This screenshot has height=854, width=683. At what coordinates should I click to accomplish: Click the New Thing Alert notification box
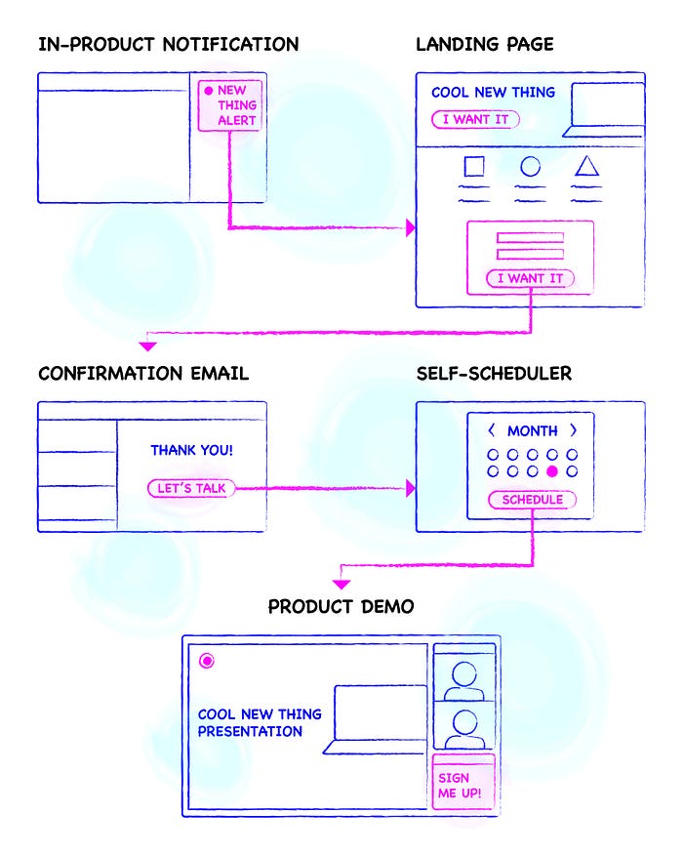click(x=231, y=104)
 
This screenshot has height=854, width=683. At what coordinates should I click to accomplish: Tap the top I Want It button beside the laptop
click(x=475, y=119)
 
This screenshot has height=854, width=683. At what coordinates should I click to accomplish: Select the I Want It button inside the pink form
click(x=531, y=278)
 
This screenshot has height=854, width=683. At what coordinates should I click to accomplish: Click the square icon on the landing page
click(x=474, y=167)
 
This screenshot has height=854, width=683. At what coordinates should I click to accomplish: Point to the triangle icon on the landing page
click(x=586, y=166)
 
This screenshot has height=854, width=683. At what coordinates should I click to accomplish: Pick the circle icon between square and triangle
click(x=530, y=167)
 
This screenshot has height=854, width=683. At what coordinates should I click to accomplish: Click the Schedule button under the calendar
click(x=532, y=500)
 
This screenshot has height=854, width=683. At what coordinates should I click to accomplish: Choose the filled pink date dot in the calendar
click(x=552, y=471)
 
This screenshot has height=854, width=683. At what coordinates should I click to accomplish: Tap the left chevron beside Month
click(x=491, y=430)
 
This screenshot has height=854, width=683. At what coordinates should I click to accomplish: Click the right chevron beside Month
click(x=574, y=430)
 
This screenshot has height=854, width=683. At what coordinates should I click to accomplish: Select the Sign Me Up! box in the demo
click(x=462, y=784)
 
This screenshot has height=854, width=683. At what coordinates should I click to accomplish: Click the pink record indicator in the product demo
click(x=206, y=661)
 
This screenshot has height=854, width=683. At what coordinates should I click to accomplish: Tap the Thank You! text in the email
click(x=191, y=451)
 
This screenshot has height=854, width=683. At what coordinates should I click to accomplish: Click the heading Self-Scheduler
click(x=493, y=374)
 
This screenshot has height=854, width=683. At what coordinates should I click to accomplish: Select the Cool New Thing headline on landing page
click(x=493, y=93)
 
